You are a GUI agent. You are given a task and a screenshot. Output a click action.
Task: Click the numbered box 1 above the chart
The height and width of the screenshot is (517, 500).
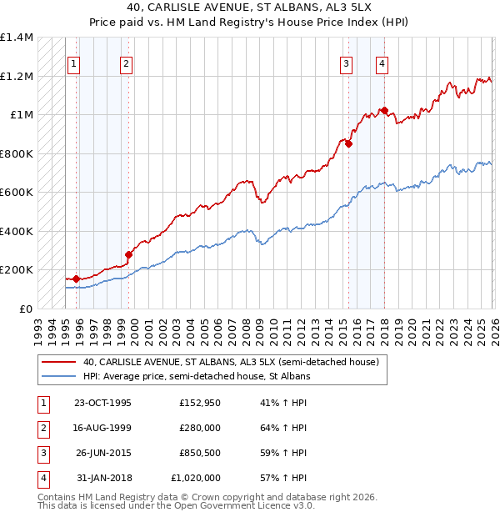pyautogui.click(x=74, y=63)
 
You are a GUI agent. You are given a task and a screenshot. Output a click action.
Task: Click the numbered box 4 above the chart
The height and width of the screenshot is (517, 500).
pyautogui.click(x=382, y=63)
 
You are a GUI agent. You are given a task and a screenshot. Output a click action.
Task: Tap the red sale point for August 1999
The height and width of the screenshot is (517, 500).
pyautogui.click(x=128, y=255)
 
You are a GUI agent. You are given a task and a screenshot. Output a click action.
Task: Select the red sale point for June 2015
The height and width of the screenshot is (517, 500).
pyautogui.click(x=348, y=143)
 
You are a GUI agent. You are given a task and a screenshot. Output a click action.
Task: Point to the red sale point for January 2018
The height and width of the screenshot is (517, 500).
pyautogui.click(x=384, y=110)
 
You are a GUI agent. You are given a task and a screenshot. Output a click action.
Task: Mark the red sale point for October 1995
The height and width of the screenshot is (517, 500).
pyautogui.click(x=76, y=279)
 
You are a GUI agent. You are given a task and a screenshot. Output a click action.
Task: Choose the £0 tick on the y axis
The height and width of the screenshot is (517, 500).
pyautogui.click(x=25, y=309)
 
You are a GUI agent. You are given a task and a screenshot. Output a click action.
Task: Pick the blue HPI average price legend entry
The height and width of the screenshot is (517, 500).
pyautogui.click(x=197, y=377)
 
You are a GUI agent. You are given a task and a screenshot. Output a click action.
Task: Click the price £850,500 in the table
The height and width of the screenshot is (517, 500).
pyautogui.click(x=199, y=454)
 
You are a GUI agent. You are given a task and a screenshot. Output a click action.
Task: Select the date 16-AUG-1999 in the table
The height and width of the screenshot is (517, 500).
pyautogui.click(x=102, y=429)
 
